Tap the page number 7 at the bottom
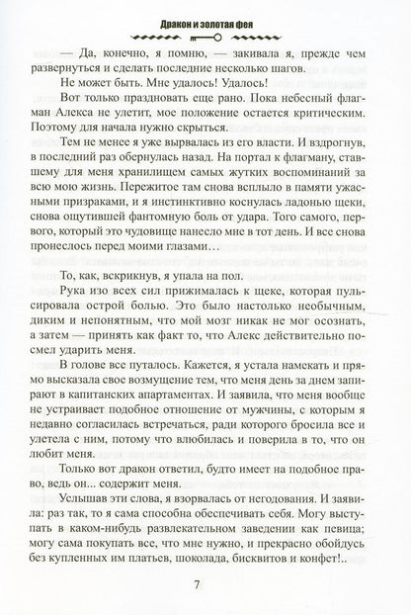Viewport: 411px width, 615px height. pyautogui.click(x=205, y=583)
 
